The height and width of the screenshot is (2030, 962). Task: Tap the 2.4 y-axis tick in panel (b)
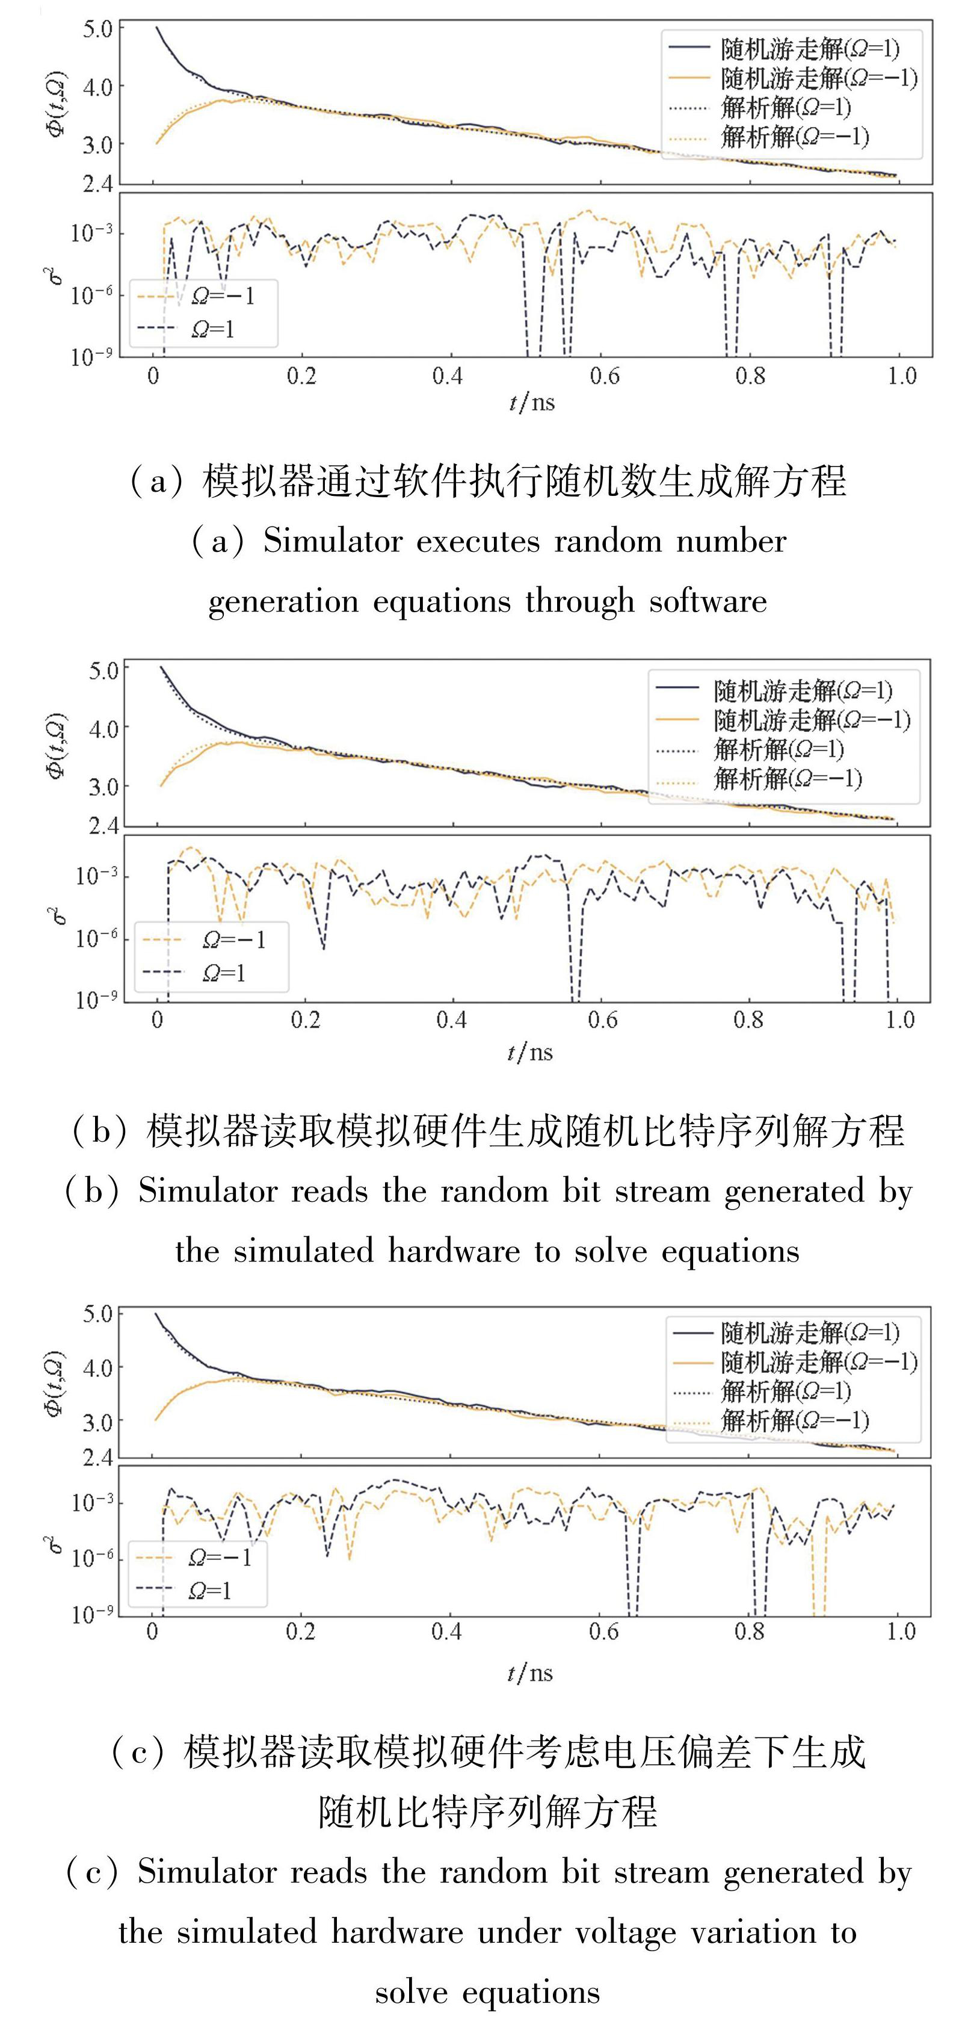coord(104,826)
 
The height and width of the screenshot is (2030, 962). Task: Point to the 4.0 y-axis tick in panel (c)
coord(97,1368)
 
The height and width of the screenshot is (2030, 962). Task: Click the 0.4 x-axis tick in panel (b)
coord(451,1021)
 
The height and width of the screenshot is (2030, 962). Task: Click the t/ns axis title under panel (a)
coord(531,403)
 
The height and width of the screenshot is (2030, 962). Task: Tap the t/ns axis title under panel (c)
coord(529,1673)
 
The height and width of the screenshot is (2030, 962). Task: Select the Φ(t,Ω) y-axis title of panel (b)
coord(57,746)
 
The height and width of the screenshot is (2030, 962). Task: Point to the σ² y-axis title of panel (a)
coord(56,275)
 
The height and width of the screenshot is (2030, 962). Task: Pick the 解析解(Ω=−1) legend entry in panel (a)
coord(794,137)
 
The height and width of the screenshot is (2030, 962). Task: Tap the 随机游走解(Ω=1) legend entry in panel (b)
coord(803,691)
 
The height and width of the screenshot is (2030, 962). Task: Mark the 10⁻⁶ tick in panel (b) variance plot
coord(97,938)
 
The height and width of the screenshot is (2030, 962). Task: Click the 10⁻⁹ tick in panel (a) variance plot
coord(92,357)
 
